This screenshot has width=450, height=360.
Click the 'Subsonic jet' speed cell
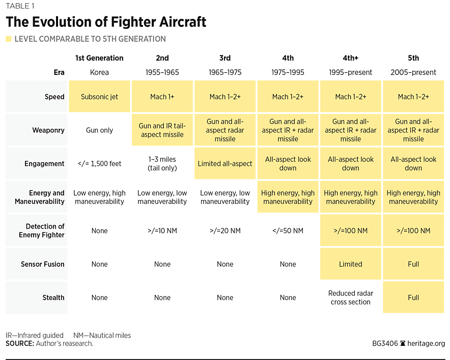click(x=99, y=97)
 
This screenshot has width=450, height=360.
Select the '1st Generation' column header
click(x=99, y=58)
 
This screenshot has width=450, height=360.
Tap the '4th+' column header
click(x=351, y=58)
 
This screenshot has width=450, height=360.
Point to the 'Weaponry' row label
click(x=49, y=130)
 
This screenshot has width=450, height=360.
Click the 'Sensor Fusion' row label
click(x=43, y=264)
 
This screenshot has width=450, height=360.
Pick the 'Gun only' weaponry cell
click(x=99, y=130)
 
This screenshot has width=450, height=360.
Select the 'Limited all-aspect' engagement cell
click(x=225, y=163)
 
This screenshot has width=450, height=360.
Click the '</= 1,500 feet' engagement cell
click(x=99, y=163)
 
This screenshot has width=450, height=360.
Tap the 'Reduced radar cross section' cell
click(x=351, y=297)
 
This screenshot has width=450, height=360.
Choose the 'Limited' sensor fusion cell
click(x=351, y=264)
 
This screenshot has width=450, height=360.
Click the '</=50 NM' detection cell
click(x=288, y=231)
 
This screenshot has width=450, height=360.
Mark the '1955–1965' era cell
click(x=162, y=72)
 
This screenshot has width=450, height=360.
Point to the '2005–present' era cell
click(x=413, y=72)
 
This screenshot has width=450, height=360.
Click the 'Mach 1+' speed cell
click(x=162, y=97)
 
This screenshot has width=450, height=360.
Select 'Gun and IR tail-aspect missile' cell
click(x=162, y=130)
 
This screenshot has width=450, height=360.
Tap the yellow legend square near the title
click(x=8, y=39)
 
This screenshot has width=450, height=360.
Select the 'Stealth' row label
click(x=52, y=297)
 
